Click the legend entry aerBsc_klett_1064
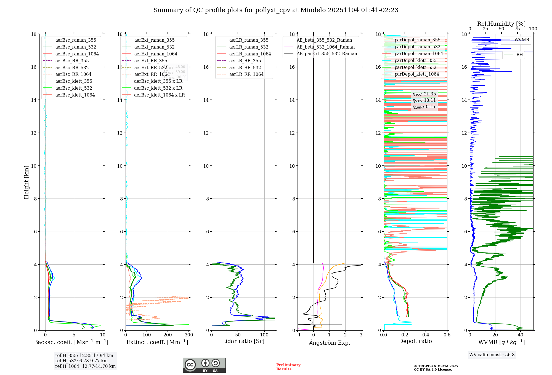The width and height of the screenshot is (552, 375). coord(75,95)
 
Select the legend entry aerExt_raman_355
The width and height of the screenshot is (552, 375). coord(154,40)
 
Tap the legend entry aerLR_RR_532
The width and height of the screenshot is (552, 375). coord(245,68)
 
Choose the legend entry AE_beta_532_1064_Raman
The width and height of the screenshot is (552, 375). coord(325,47)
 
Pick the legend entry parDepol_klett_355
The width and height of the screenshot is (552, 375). coord(415,60)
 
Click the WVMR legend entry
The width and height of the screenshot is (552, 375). coord(521,40)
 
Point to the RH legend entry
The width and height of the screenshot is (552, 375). coord(519,55)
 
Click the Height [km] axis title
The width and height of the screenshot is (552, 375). coord(26,182)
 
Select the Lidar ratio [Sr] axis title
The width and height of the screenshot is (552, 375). coord(243,341)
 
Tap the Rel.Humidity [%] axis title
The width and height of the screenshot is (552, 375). coord(501,24)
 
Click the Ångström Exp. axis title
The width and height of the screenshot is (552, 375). coord(329,343)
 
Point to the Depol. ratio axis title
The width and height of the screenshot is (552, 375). coord(415,341)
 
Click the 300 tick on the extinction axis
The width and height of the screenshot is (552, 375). coord(189,335)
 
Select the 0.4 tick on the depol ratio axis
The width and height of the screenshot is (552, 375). coord(426,335)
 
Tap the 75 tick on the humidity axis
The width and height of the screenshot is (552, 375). coord(517,29)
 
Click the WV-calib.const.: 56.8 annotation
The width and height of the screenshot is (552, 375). coord(492,355)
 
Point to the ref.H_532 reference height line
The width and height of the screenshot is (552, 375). coord(81,361)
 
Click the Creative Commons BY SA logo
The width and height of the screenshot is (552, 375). coord(204,365)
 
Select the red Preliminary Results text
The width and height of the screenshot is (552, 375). coord(288,367)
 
